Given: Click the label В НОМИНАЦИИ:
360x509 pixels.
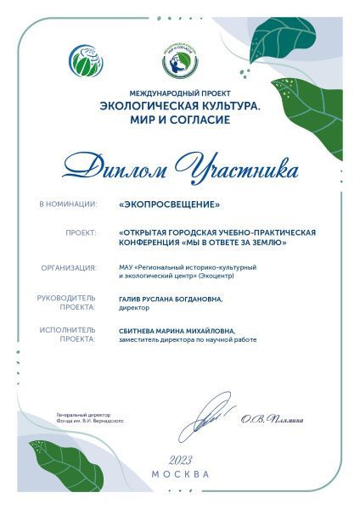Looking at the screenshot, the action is pos(68,205).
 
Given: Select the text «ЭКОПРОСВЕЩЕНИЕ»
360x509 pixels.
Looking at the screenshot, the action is pos(170,205).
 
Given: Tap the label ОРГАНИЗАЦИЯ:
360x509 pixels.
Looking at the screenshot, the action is pos(68,267).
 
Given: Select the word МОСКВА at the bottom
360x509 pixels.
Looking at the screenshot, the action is pos(180,474).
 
